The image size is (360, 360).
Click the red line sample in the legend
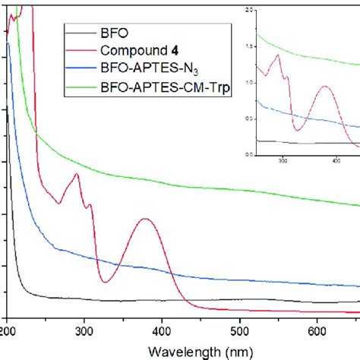pos(81,52)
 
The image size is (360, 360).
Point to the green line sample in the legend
pos(81,88)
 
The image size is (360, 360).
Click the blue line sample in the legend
pos(81,70)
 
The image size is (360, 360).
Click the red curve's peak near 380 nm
pos(144,219)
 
